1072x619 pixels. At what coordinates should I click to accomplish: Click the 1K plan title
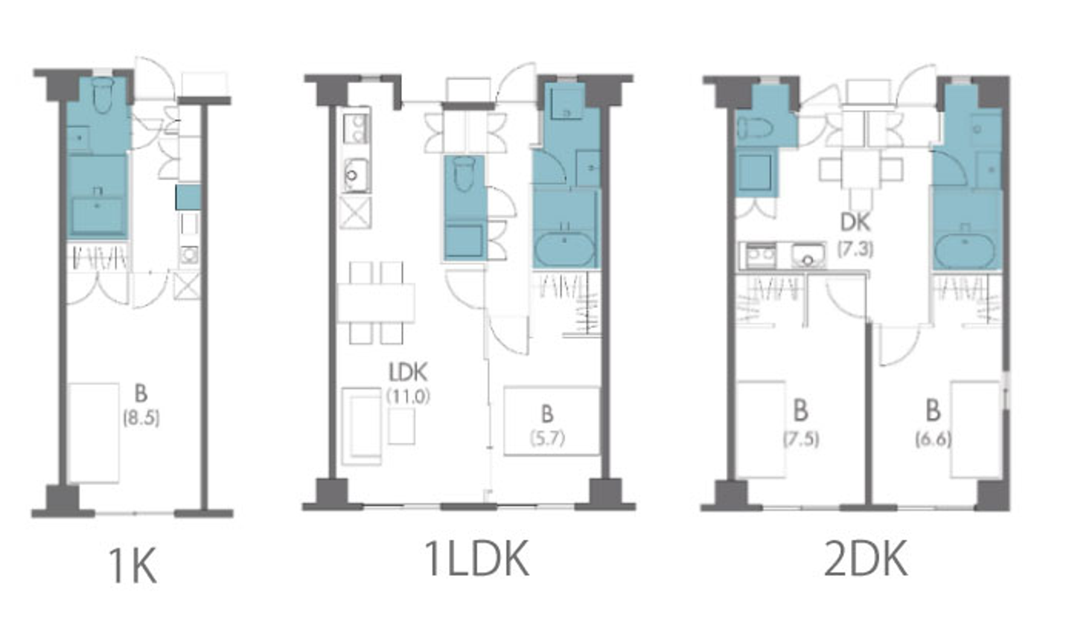133,565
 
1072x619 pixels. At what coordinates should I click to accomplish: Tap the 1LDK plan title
476,558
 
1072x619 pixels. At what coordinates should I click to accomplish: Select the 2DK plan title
865,558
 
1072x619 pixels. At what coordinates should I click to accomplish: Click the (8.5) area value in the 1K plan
141,418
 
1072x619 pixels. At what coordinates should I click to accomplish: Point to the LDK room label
408,372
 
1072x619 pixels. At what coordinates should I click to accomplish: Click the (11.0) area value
408,396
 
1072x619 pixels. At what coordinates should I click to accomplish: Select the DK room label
855,222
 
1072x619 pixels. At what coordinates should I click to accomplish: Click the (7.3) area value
855,248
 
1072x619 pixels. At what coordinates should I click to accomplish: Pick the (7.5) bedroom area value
801,439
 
